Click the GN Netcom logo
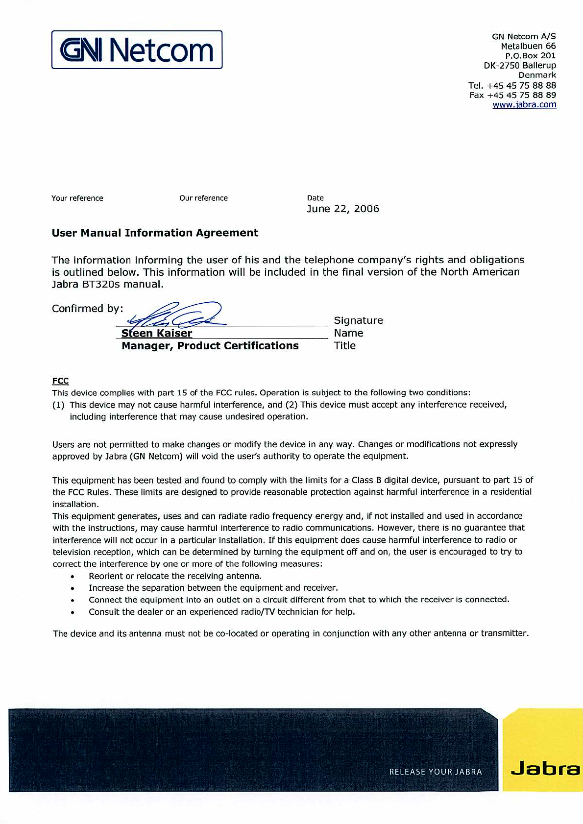click(x=137, y=50)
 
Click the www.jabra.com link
click(x=524, y=104)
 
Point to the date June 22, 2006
click(x=343, y=209)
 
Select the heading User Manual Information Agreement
click(x=155, y=233)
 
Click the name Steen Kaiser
click(x=157, y=334)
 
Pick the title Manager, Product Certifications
click(x=210, y=346)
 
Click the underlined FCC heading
click(x=60, y=381)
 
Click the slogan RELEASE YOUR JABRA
click(x=436, y=772)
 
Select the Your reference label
click(x=77, y=198)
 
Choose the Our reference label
click(x=203, y=198)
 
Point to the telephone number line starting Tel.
click(x=512, y=85)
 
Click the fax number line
click(x=512, y=95)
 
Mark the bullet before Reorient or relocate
click(x=73, y=577)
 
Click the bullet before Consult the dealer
click(x=73, y=612)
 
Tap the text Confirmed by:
click(x=88, y=309)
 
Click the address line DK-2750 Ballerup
click(x=520, y=65)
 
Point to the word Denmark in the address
click(x=537, y=75)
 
